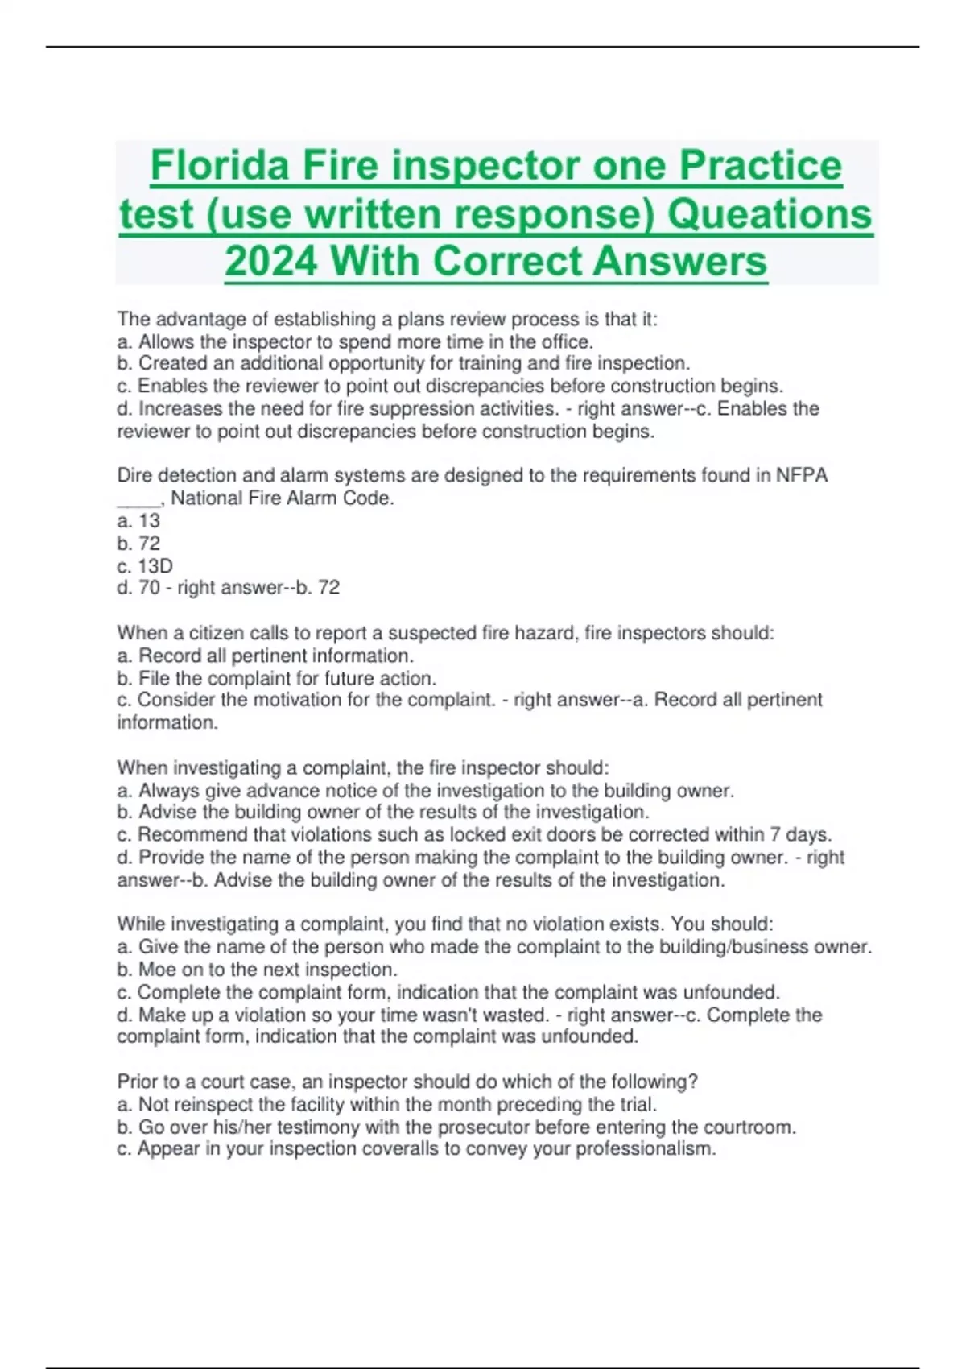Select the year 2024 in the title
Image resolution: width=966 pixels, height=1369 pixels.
click(270, 262)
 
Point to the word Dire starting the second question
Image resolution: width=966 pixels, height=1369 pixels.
click(134, 475)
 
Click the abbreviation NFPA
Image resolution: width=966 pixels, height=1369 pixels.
click(801, 475)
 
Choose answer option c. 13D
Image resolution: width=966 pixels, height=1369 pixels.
click(145, 565)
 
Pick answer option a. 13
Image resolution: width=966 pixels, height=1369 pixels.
click(138, 520)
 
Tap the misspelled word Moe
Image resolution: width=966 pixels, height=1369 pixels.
click(157, 970)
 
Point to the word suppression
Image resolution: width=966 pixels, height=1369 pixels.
click(433, 408)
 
